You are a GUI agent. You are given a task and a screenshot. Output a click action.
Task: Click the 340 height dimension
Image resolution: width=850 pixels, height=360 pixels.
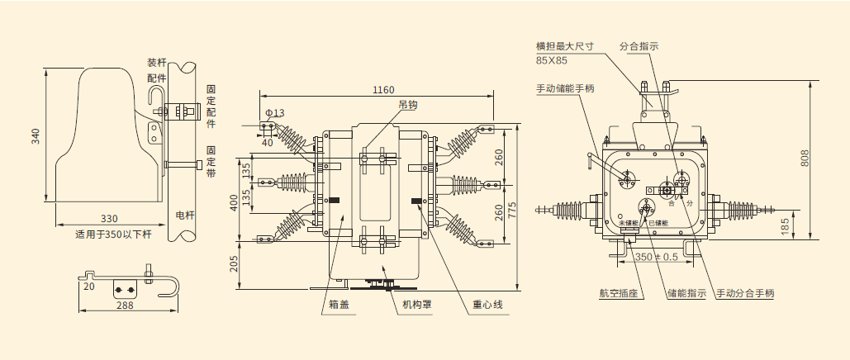pyautogui.click(x=36, y=135)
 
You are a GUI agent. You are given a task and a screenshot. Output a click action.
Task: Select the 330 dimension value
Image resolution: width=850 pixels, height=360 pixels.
pyautogui.click(x=109, y=219)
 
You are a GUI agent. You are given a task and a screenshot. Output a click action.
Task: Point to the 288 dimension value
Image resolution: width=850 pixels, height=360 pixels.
pyautogui.click(x=124, y=305)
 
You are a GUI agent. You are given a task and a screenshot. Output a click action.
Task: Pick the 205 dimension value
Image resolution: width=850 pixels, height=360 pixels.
pyautogui.click(x=234, y=263)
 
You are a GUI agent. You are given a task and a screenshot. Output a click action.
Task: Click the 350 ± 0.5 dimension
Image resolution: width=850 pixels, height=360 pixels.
pyautogui.click(x=656, y=257)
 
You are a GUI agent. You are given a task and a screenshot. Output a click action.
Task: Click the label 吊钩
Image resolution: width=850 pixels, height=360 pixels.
pyautogui.click(x=408, y=105)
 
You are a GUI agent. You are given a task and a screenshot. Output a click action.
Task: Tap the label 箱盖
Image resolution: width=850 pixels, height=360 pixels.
pyautogui.click(x=339, y=305)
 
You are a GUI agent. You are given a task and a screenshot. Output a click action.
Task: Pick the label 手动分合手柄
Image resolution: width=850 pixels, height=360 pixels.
pyautogui.click(x=744, y=293)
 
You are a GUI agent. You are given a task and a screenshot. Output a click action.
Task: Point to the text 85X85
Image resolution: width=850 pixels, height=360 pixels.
pyautogui.click(x=552, y=60)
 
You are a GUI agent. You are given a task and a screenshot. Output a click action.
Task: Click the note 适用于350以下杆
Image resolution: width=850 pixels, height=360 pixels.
pyautogui.click(x=113, y=234)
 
